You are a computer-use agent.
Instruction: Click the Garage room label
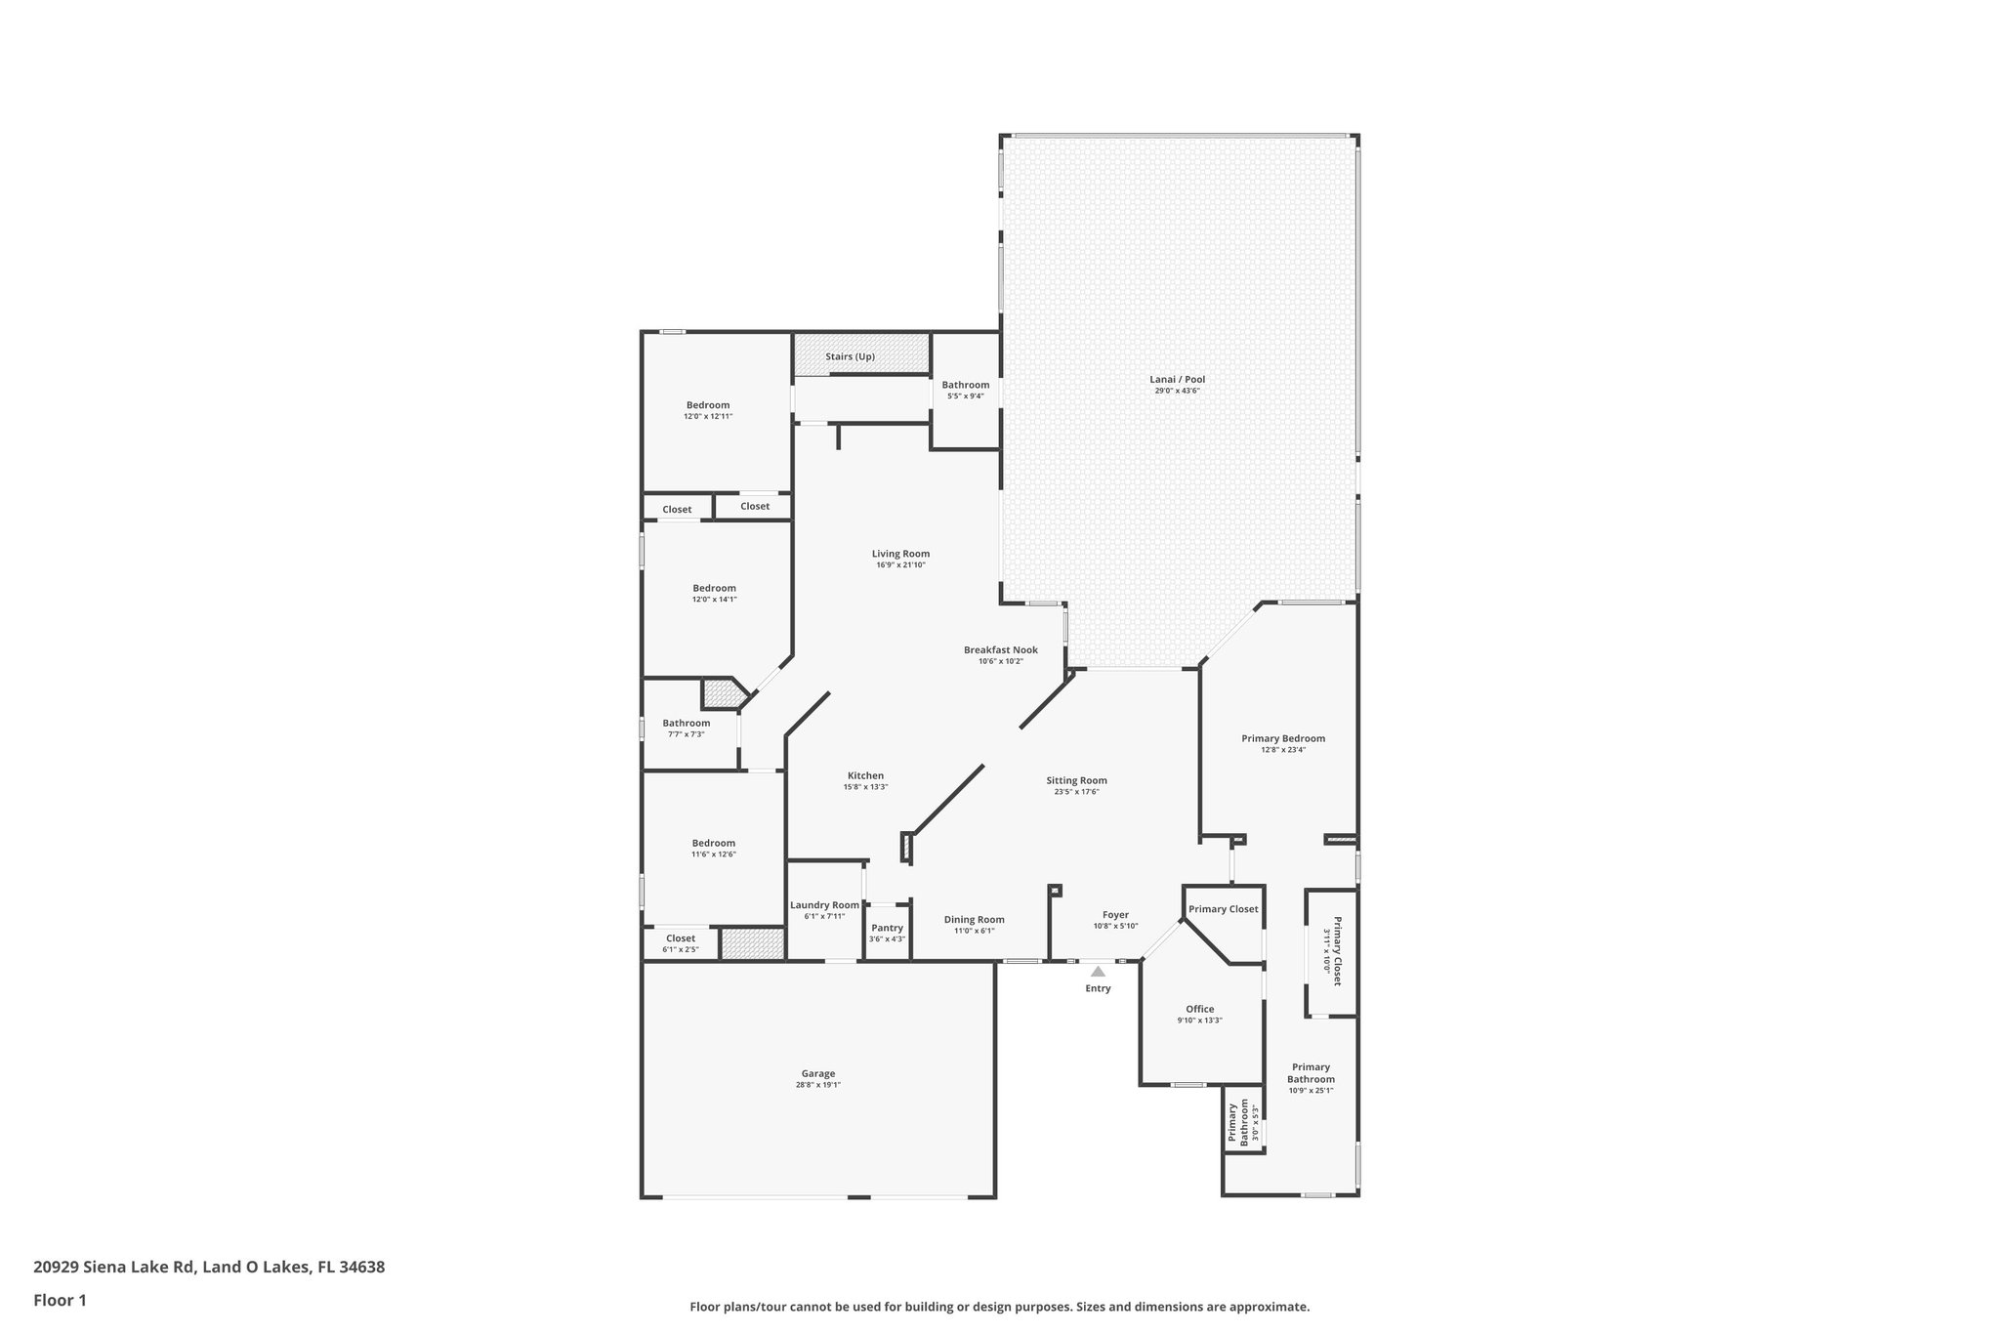[x=818, y=1073]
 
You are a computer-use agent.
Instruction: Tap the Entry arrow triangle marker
[x=1098, y=972]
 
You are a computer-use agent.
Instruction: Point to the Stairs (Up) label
[x=850, y=356]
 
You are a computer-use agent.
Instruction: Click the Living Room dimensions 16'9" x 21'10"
[x=900, y=565]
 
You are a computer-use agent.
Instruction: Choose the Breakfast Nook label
[x=1000, y=649]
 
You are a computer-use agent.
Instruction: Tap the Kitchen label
[x=865, y=775]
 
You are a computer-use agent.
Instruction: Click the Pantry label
[x=887, y=928]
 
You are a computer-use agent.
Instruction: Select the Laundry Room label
[x=824, y=905]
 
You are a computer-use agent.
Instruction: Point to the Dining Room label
[x=974, y=919]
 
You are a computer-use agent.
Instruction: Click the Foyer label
[x=1115, y=915]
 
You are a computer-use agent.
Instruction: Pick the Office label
[x=1199, y=1009]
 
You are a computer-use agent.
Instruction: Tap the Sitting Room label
[x=1076, y=780]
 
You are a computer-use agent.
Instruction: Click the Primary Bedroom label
[x=1283, y=738]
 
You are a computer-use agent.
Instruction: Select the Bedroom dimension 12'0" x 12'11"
[x=708, y=417]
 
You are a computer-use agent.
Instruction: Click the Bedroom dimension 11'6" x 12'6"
[x=714, y=854]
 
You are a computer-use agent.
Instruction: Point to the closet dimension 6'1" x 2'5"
[x=681, y=949]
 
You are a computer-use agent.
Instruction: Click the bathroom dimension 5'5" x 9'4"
[x=965, y=396]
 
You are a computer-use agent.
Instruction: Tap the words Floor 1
[x=61, y=1300]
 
